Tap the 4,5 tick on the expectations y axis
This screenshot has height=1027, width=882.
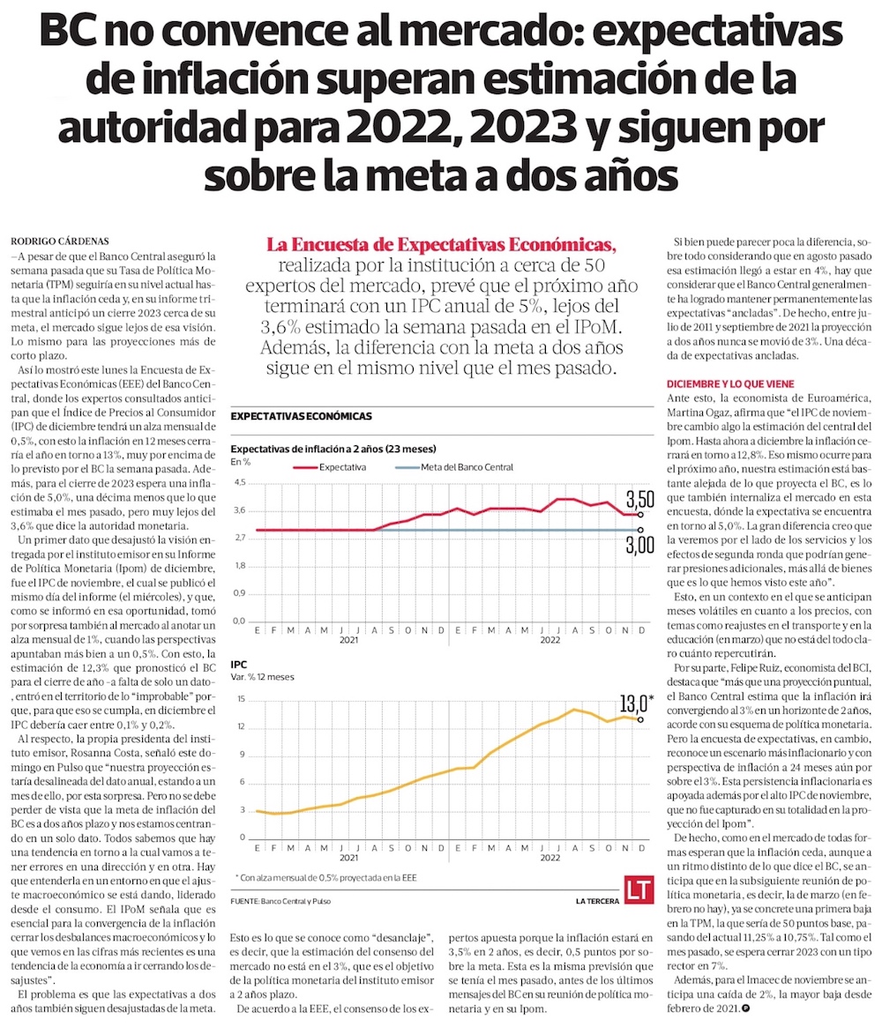238,483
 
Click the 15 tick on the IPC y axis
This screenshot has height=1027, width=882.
239,698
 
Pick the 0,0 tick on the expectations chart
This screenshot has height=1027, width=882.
238,621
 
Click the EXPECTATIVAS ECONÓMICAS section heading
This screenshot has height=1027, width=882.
301,415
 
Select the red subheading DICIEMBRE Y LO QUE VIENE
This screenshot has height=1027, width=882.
730,384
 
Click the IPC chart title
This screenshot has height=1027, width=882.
238,663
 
